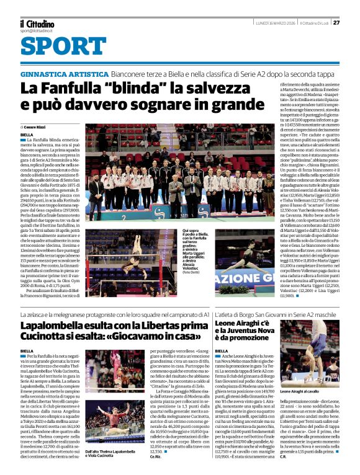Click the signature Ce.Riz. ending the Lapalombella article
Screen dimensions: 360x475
tap(155, 456)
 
